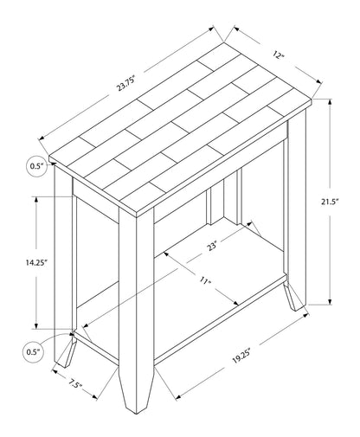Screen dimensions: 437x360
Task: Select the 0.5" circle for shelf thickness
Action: click(x=35, y=352)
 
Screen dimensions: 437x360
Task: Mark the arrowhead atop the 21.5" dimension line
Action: click(x=329, y=102)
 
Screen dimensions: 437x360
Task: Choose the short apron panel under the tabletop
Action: click(x=95, y=195)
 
